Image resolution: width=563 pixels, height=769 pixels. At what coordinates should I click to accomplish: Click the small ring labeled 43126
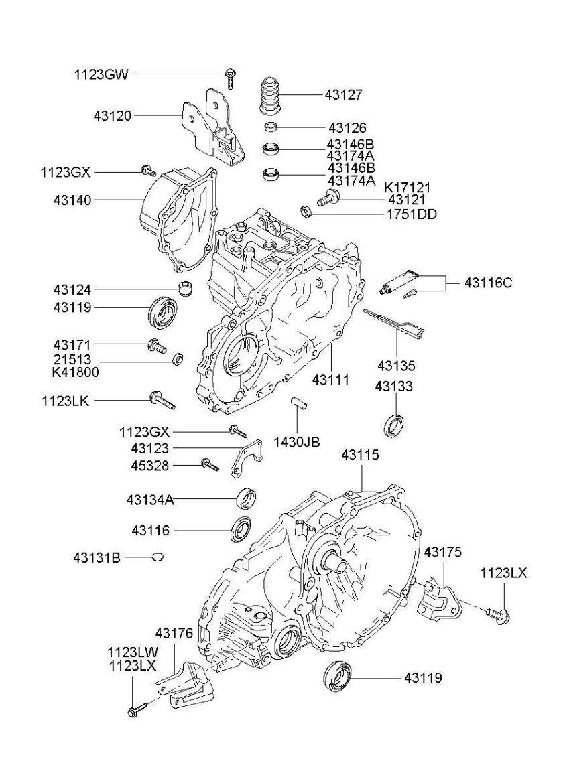click(x=271, y=127)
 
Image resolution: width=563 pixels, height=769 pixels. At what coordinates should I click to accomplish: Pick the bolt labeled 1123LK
click(x=162, y=401)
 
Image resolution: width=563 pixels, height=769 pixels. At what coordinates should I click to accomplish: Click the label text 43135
click(x=396, y=366)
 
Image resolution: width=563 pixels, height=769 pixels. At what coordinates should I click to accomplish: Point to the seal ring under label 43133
click(x=395, y=424)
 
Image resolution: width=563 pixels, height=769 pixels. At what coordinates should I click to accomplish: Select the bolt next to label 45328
click(x=209, y=464)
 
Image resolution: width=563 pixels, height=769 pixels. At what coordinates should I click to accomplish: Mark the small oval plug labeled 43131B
click(x=158, y=556)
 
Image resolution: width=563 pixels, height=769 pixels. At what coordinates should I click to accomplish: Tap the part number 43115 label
click(x=360, y=455)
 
